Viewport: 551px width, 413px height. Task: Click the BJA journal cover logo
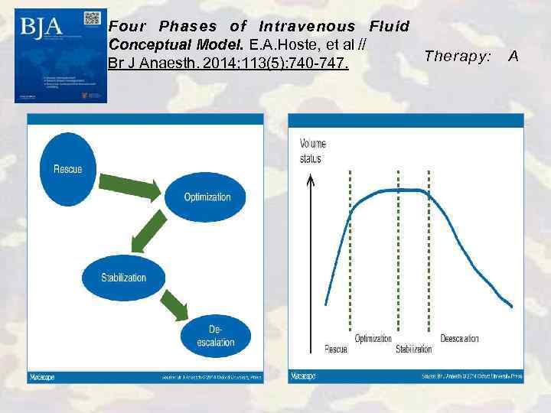[41, 28]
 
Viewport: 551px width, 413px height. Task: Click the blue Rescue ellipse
[68, 169]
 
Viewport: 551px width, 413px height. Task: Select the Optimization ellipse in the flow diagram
[207, 197]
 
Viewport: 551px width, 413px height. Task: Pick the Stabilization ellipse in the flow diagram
[123, 278]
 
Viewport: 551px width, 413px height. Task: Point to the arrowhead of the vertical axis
[310, 180]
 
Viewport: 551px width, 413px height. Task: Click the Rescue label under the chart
[335, 350]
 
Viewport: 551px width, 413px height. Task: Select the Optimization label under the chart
[373, 339]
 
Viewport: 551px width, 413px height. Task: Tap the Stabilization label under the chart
[413, 350]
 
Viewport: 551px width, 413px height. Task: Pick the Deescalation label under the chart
[459, 339]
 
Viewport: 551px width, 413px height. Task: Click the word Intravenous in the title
[306, 26]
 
